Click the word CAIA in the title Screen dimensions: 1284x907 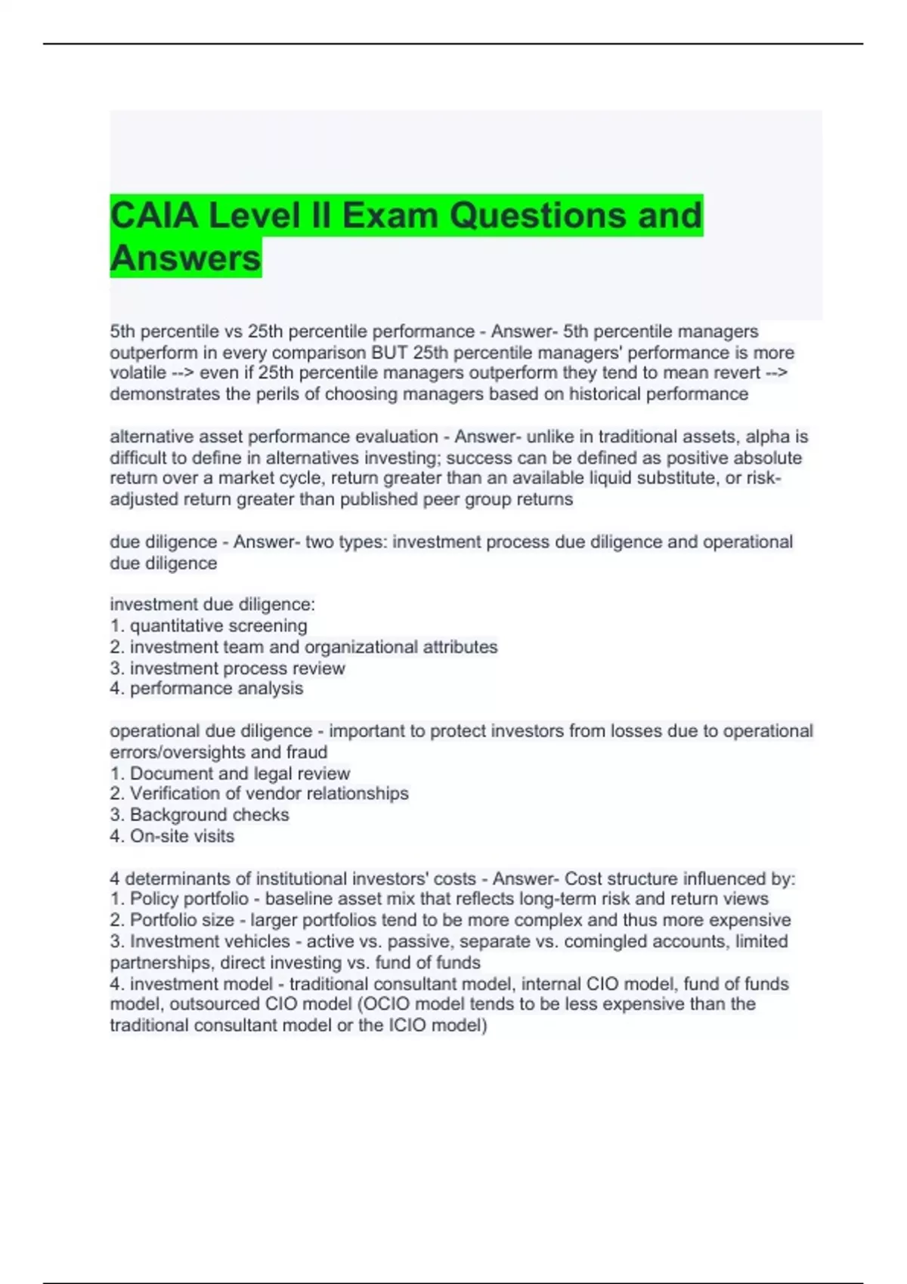(155, 215)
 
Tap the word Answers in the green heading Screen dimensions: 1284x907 (186, 258)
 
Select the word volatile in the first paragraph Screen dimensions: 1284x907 (138, 373)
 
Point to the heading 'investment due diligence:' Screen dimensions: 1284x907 (212, 604)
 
